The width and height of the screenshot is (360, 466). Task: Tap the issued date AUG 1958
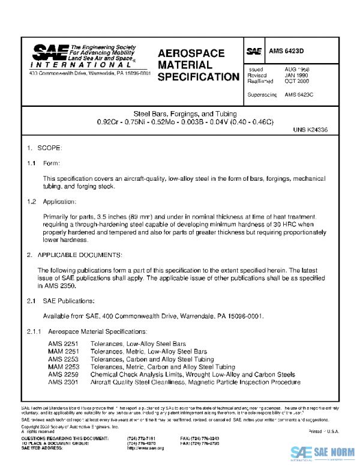point(297,70)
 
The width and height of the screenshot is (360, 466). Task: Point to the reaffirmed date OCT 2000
point(297,82)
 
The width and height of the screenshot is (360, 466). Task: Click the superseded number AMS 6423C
point(299,95)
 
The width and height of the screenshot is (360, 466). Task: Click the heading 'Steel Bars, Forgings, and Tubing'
point(185,113)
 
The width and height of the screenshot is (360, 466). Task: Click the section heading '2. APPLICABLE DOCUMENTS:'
point(75,255)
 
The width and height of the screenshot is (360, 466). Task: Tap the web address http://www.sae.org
point(145,449)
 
